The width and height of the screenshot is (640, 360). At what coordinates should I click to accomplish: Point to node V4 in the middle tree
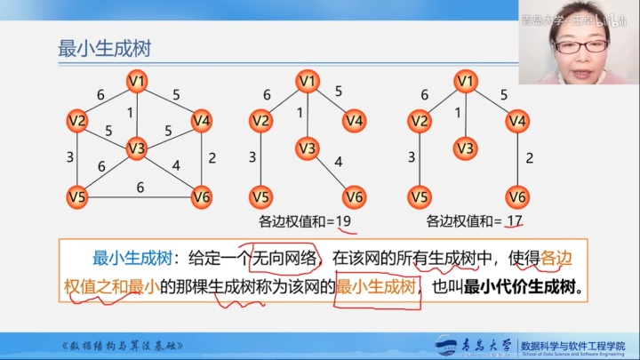point(355,120)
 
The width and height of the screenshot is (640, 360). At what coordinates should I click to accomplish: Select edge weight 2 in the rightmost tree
point(529,158)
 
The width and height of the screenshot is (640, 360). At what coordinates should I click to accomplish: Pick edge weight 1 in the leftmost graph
point(130,113)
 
